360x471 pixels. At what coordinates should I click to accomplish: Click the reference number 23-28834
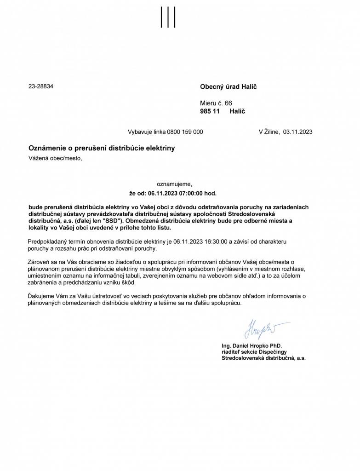coord(41,86)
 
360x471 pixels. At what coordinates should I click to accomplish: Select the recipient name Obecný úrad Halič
coord(228,86)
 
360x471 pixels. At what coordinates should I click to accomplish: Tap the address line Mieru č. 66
coord(216,103)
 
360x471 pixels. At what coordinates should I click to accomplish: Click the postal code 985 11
coord(210,111)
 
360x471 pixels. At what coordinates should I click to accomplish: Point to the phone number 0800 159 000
coord(185,132)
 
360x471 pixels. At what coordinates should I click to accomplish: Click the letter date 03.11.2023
coord(298,132)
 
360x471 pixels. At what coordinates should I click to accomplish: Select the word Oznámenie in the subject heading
coord(46,148)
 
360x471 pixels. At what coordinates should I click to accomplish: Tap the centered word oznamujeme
coord(171,184)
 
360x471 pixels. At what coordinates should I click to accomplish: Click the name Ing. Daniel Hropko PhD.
coord(251,345)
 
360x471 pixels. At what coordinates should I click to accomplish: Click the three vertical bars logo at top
coord(168,17)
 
